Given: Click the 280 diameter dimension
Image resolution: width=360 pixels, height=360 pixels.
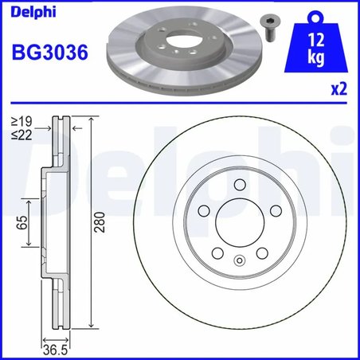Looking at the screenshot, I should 100,225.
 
